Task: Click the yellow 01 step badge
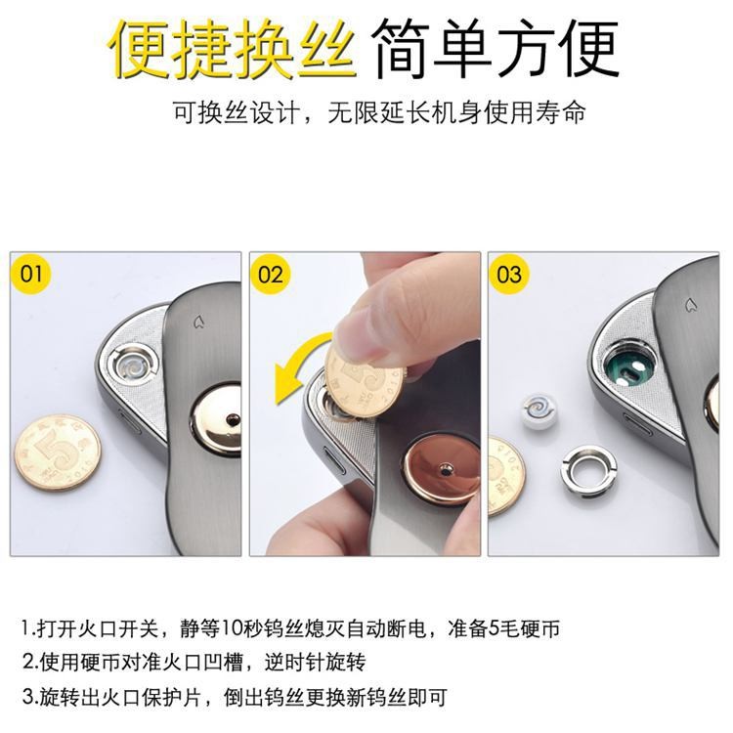[x=31, y=273]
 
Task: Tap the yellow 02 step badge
[x=270, y=274]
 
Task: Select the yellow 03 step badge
[x=509, y=274]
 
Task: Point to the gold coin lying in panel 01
[x=58, y=453]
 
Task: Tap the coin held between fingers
[x=364, y=378]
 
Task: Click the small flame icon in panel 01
[x=198, y=323]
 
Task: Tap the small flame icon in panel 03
[x=689, y=306]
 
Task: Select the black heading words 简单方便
[x=496, y=48]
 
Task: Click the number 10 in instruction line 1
[x=234, y=628]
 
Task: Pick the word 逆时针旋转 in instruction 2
[x=315, y=663]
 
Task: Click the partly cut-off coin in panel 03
[x=506, y=477]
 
